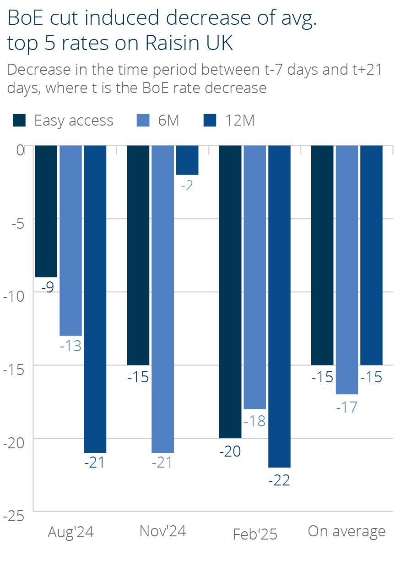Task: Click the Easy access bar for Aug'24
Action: (46, 211)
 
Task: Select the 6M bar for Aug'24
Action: (70, 241)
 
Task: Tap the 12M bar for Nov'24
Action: (187, 160)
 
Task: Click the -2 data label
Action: (187, 187)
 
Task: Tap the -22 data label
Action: (279, 480)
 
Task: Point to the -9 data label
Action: (47, 288)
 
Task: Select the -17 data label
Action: (346, 407)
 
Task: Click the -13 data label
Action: (70, 346)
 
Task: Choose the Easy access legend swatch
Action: (20, 120)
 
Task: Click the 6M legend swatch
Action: (143, 120)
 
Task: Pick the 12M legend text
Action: (240, 120)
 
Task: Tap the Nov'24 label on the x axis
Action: (162, 531)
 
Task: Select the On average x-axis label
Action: (346, 531)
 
